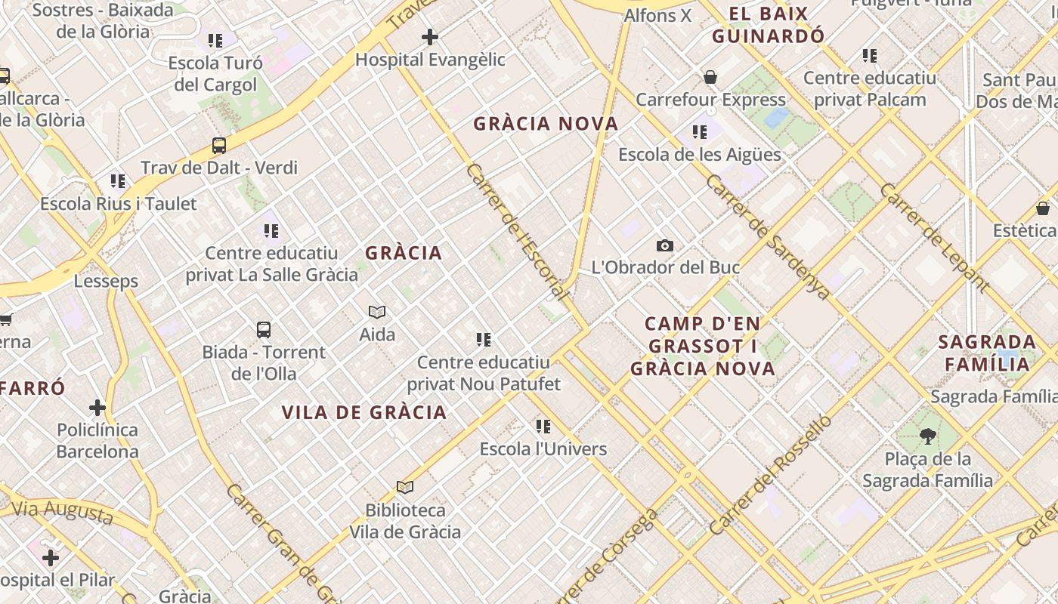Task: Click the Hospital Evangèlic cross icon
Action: point(430,36)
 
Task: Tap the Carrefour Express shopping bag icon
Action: point(710,77)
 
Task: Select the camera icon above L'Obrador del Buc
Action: point(665,245)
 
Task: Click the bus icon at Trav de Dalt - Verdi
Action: point(219,146)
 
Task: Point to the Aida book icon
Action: point(377,312)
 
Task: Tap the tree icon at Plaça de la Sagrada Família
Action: point(927,436)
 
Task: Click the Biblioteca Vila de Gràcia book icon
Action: point(405,488)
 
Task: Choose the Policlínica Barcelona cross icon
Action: point(97,408)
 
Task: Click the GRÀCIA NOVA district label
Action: point(546,124)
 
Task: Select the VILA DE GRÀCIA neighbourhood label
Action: point(364,412)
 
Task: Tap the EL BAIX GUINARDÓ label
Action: point(768,24)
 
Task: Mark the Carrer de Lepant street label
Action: point(934,237)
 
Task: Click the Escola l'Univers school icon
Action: point(543,427)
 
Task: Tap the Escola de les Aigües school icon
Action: point(700,132)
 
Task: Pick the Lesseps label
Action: point(106,281)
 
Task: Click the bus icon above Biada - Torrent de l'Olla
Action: point(264,330)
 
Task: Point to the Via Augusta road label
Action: point(62,511)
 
